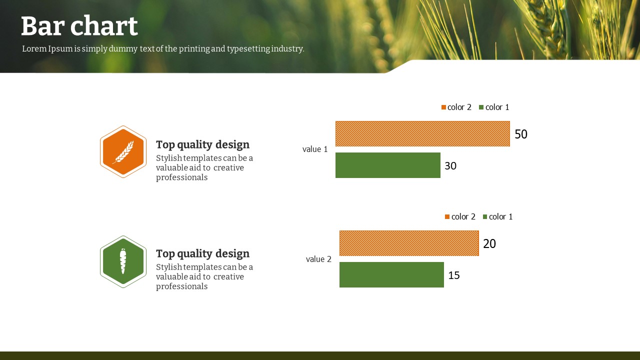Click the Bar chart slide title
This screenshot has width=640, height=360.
click(x=79, y=26)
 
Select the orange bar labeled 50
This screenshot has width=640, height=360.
click(x=422, y=133)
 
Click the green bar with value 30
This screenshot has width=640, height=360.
click(x=387, y=165)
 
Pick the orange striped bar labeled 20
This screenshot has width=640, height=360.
click(x=409, y=243)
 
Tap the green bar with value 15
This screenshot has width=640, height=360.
click(x=391, y=274)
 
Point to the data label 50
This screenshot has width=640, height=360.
click(x=521, y=134)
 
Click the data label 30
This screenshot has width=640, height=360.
click(x=450, y=165)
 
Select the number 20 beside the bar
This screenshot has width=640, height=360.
click(x=489, y=243)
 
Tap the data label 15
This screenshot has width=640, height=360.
click(x=454, y=275)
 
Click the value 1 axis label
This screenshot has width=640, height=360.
click(x=315, y=149)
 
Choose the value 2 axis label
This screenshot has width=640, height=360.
click(x=318, y=259)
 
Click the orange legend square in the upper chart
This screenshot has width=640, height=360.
click(x=443, y=107)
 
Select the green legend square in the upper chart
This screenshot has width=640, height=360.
click(x=481, y=107)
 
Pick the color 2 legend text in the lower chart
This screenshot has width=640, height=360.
click(x=463, y=216)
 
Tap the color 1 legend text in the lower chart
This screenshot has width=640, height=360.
click(x=501, y=216)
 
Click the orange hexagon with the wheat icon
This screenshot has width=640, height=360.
click(x=123, y=151)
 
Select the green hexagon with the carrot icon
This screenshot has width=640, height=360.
click(x=123, y=261)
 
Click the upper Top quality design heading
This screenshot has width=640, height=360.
click(x=202, y=144)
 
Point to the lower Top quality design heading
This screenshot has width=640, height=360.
click(x=202, y=253)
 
